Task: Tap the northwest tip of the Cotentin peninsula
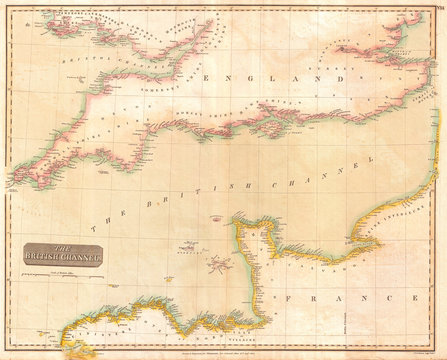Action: click(x=236, y=222)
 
